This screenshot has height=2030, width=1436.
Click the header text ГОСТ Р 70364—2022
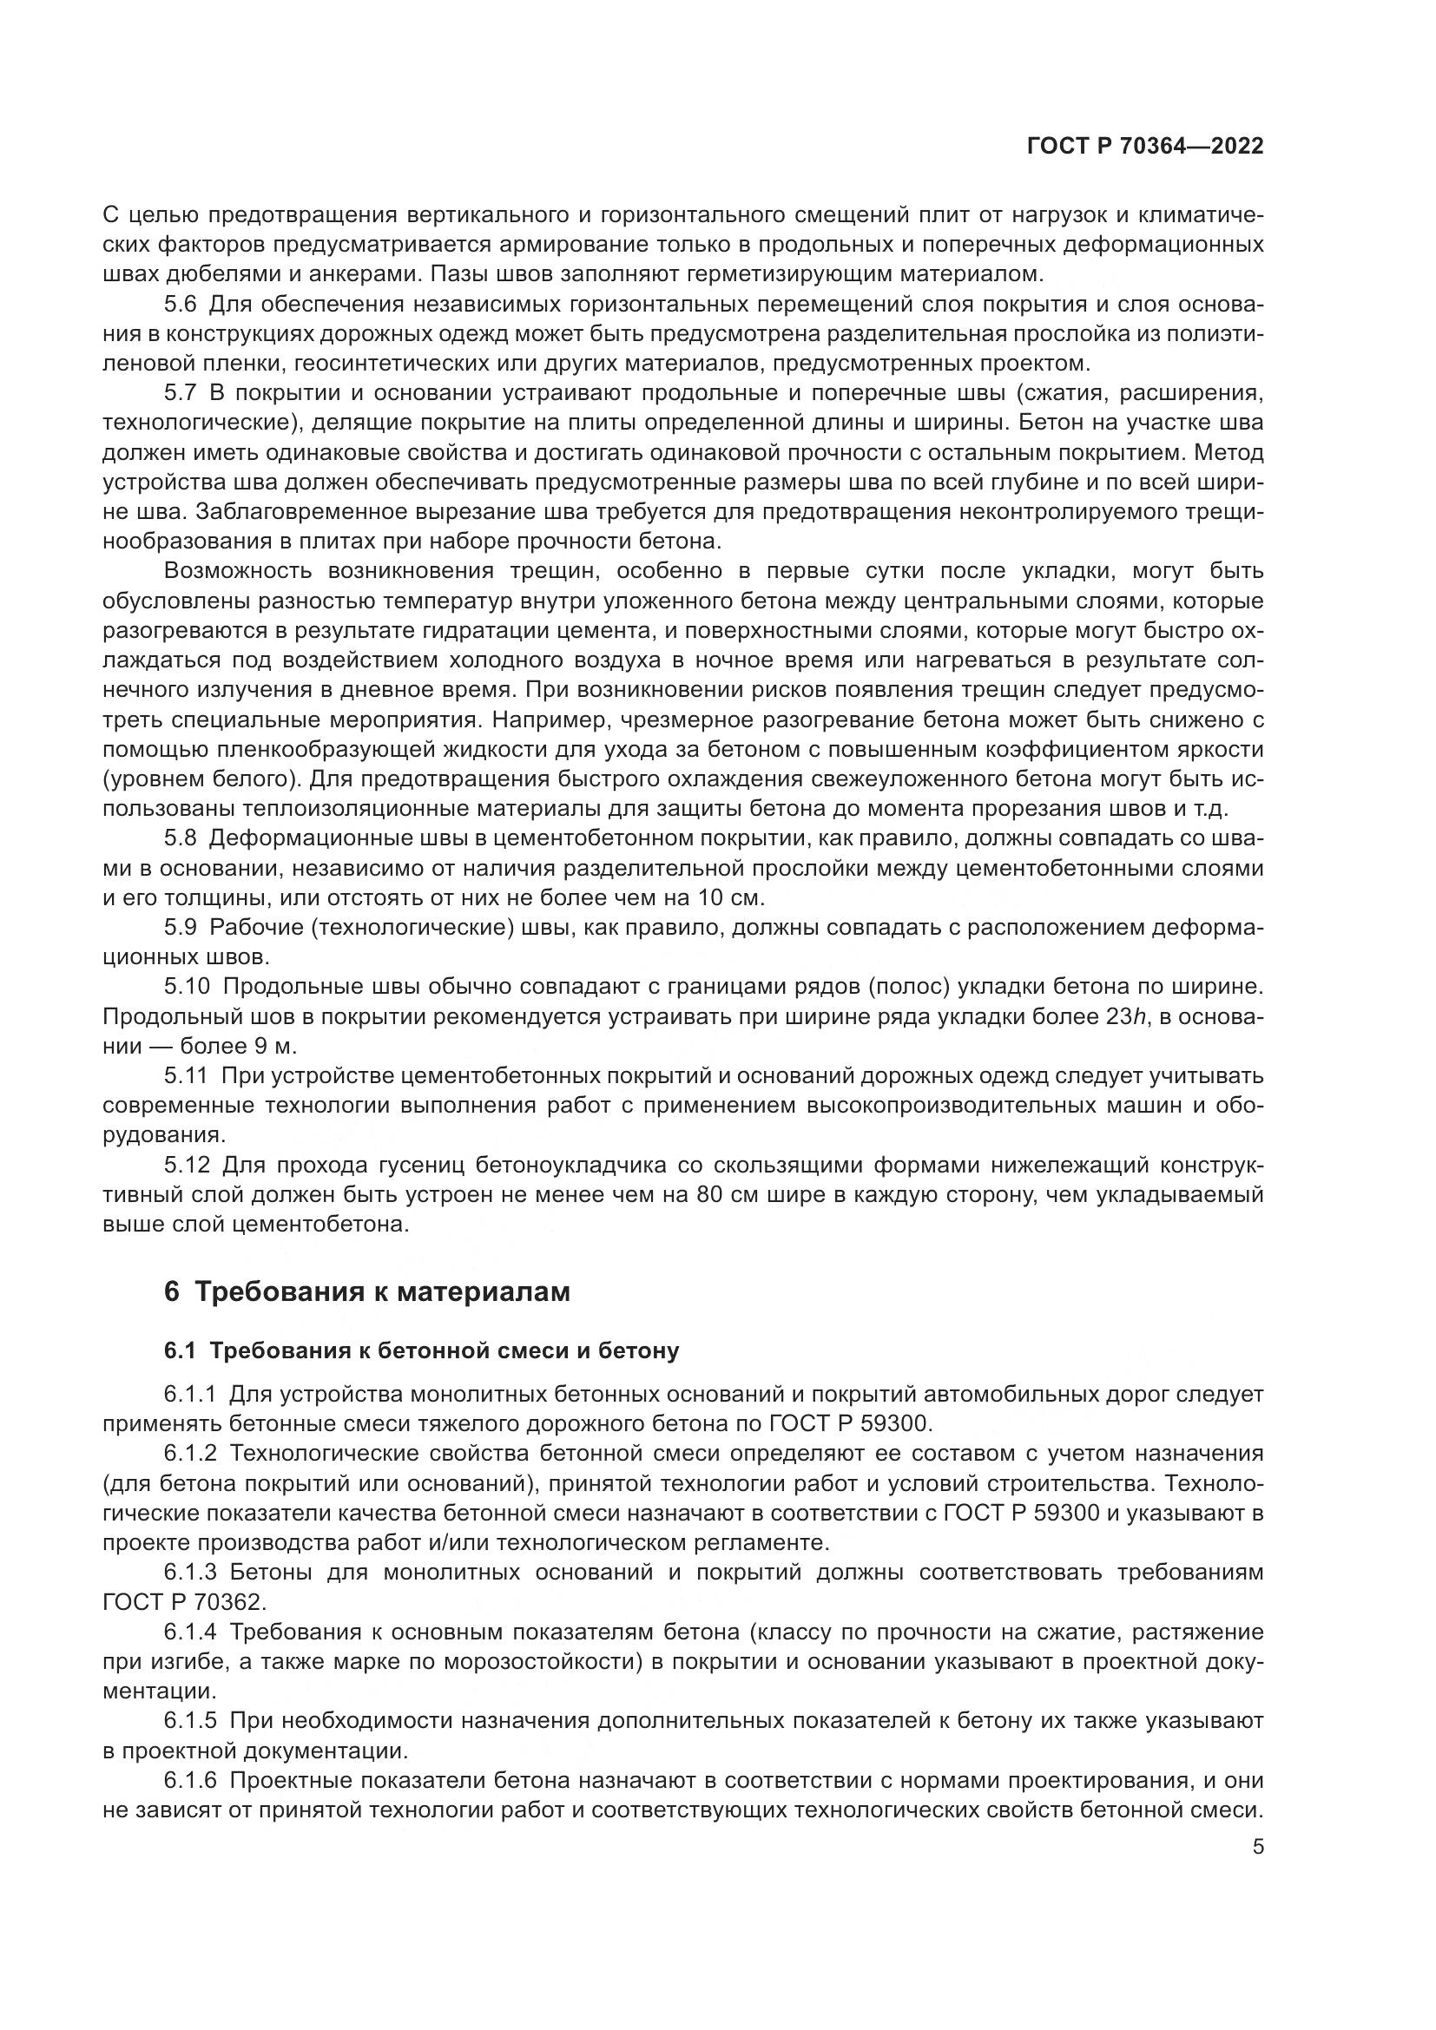[x=1145, y=147]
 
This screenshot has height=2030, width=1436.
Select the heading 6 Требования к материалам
[x=367, y=1291]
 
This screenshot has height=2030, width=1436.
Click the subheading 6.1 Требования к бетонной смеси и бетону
[x=421, y=1350]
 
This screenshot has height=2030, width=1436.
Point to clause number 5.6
[x=181, y=305]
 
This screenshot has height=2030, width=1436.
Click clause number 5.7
[x=181, y=393]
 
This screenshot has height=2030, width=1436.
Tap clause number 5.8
[x=181, y=838]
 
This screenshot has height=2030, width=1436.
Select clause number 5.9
[x=181, y=928]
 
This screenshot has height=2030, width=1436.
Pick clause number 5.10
[x=187, y=987]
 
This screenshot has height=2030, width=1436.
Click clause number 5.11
[x=187, y=1075]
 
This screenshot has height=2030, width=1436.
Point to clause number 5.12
[x=187, y=1166]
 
